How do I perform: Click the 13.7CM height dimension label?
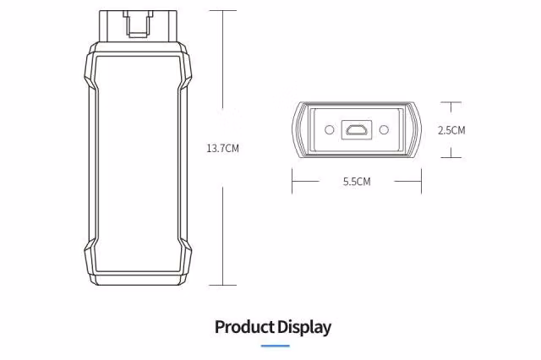click(x=222, y=149)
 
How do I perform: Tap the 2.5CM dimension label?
click(x=451, y=130)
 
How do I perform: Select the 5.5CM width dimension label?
click(x=357, y=182)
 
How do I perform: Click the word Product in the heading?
click(x=244, y=327)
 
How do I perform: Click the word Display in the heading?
click(x=304, y=327)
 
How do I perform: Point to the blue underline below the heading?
click(x=275, y=346)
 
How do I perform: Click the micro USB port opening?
click(x=357, y=130)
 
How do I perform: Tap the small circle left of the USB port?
click(x=330, y=130)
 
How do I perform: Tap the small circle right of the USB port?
click(x=384, y=130)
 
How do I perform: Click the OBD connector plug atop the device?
click(x=139, y=26)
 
